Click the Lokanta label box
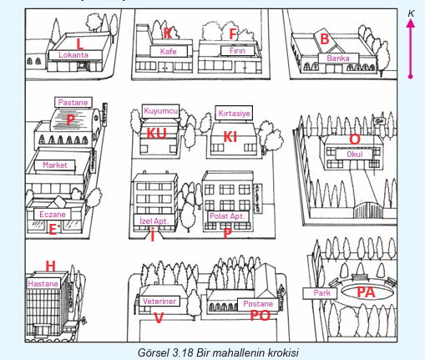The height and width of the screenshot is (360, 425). pos(75,55)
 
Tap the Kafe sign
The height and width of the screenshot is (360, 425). pos(169,51)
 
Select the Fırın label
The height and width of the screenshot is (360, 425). pos(237,51)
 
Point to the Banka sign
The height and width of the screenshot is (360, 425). pos(338,58)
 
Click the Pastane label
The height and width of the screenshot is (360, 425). pos(73,102)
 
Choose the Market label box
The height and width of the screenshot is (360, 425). pos(55,165)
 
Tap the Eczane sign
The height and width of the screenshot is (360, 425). pos(53,215)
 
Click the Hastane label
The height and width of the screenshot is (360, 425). pos(43,284)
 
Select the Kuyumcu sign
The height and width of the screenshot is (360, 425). pos(160,111)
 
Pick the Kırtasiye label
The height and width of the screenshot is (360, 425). pos(234,114)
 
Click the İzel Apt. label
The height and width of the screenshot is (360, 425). pos(154,221)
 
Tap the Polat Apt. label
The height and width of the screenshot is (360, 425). pos(228,216)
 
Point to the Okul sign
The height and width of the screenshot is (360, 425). pos(354,155)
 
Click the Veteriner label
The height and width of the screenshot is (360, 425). pos(159,301)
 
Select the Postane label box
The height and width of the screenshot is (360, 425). pos(258,304)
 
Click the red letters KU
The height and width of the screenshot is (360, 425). pos(156,134)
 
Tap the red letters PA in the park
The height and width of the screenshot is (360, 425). pos(366,292)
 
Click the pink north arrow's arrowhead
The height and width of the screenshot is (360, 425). pos(410,23)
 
